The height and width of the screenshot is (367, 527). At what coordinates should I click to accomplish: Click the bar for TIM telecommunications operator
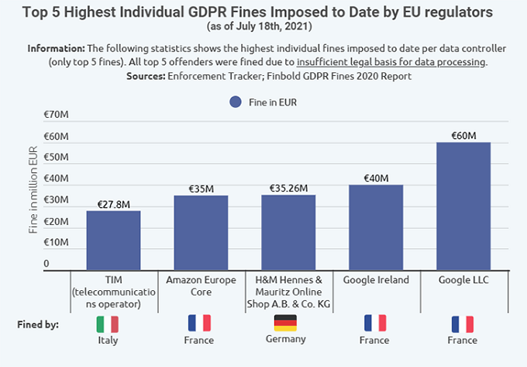pos(113,239)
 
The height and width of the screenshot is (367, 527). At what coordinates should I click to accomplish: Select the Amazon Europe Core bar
pos(201,230)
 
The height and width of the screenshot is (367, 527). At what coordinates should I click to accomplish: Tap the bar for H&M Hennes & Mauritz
pos(288,230)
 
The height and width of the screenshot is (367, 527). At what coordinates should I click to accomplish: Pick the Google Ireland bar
pos(375,225)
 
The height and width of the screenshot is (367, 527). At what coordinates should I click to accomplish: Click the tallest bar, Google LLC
pos(463,205)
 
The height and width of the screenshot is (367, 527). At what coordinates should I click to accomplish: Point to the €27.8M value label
pos(113,204)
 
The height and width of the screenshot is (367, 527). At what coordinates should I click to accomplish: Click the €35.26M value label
pos(288,188)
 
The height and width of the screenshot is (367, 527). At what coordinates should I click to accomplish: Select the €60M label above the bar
pos(463,135)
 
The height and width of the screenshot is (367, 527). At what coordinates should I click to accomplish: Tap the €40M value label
pos(375,178)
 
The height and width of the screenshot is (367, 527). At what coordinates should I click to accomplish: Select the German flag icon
pos(286,323)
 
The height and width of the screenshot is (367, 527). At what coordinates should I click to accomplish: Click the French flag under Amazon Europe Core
pos(199,324)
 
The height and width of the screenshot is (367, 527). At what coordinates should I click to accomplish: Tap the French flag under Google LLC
pos(462,324)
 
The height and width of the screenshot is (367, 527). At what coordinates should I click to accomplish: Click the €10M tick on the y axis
pos(57,243)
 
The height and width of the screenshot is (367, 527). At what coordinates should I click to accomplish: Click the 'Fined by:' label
pos(38,324)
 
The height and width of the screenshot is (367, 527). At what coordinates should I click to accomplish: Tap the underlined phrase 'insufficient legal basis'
pos(391,61)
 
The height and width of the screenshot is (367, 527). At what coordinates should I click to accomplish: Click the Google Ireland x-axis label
pos(375,280)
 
